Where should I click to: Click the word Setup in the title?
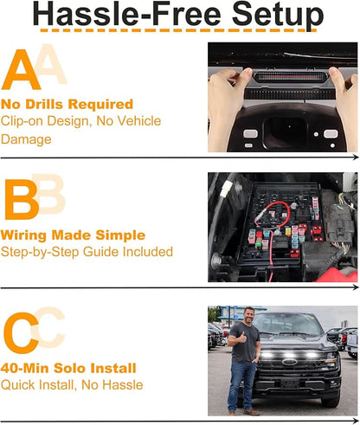pos(278,15)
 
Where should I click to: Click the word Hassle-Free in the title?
pos(127,13)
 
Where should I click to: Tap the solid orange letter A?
pos(21,69)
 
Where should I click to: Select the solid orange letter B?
pos(22,199)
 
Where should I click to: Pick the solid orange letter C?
pos(21,332)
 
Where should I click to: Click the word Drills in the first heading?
pos(44,104)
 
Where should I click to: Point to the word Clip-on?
pos(22,121)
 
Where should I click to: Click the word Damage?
pos(26,139)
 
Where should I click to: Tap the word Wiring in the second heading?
pos(23,235)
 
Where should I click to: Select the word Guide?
pos(101,252)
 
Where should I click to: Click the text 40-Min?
pos(25,369)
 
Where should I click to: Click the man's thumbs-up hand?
pos(241,337)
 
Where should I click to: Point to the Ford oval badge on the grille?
pos(289,362)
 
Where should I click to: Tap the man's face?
pos(248,316)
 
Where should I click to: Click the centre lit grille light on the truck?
pos(288,355)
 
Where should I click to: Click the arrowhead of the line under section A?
pos(356,157)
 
